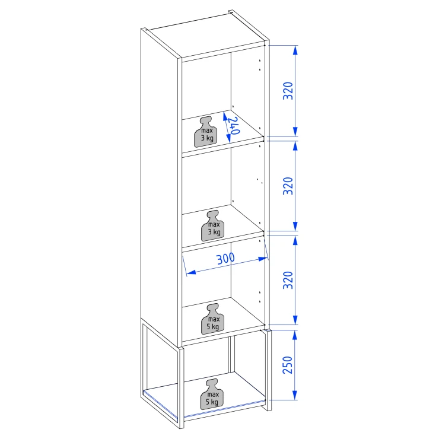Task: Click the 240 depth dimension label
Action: [234, 126]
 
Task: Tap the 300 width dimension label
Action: [225, 259]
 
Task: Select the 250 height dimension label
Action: [288, 365]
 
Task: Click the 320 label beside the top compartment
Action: [288, 91]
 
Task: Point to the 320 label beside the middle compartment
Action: [288, 186]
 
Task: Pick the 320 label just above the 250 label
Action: [288, 280]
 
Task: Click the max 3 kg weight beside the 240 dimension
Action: [206, 132]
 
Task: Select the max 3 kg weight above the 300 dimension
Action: [213, 225]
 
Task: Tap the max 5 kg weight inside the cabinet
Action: [213, 319]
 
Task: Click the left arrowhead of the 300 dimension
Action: [190, 272]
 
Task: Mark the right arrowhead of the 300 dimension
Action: [263, 259]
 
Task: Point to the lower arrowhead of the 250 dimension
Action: [295, 395]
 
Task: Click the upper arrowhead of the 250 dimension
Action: [295, 335]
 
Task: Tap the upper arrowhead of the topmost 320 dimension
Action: [295, 50]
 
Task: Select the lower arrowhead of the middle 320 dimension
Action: [295, 226]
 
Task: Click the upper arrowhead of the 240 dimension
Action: [224, 116]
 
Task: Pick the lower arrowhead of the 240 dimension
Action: [228, 138]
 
